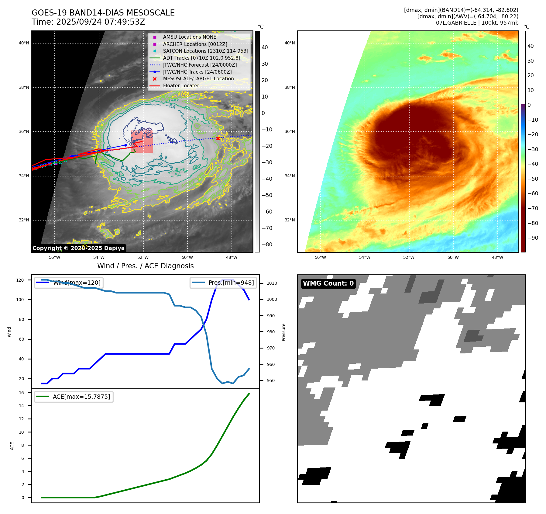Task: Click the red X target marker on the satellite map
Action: pos(218,138)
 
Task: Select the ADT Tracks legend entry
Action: pos(201,58)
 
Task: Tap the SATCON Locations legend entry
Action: pos(205,51)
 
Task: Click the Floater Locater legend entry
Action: pos(181,86)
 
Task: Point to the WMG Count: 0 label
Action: pos(328,283)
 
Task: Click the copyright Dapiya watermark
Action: pos(78,248)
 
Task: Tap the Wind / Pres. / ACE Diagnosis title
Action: pos(145,266)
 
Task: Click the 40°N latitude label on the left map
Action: pos(24,43)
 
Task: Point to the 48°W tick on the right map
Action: pos(497,257)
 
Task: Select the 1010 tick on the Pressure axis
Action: pos(272,283)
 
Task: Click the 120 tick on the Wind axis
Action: pos(20,280)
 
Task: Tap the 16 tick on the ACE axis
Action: pos(22,393)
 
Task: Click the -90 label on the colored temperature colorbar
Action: pos(533,238)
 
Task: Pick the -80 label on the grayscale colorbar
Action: pos(267,245)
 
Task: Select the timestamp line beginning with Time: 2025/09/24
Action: pos(88,22)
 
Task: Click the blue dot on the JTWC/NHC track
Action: pos(125,145)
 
